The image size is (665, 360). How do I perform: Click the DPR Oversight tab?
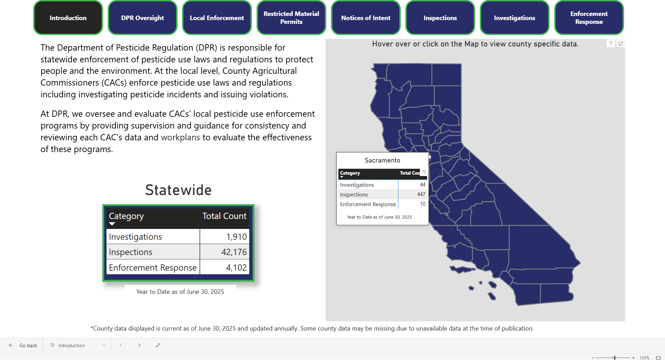point(142,18)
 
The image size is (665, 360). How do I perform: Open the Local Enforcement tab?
point(217,18)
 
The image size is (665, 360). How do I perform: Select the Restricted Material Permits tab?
point(291,18)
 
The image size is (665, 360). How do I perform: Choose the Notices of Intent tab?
point(366,18)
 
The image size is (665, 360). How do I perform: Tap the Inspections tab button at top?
point(440,18)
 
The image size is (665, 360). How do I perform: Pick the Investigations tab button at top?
point(515,18)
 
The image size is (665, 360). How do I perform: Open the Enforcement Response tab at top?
point(589,18)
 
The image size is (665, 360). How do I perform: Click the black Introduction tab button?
point(68,18)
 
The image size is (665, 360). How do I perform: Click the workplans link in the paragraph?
point(180,138)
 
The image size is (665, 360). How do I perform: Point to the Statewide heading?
point(178,190)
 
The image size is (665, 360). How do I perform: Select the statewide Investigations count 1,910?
point(236,237)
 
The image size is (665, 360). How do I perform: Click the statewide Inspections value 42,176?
point(234,252)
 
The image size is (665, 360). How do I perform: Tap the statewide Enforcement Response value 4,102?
point(236,267)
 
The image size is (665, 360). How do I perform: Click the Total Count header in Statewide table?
point(224,216)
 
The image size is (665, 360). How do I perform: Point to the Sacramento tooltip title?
point(382,160)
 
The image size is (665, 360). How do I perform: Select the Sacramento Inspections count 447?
point(421,194)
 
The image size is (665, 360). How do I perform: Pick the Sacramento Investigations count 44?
point(422,185)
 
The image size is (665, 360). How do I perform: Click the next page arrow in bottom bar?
point(139,345)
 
